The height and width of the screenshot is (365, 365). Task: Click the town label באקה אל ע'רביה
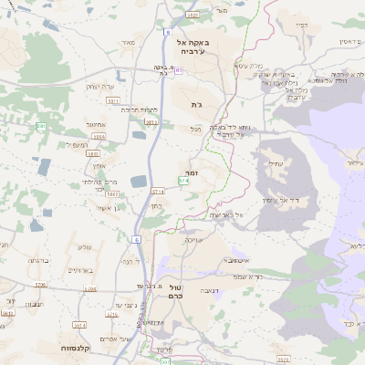[x=194, y=47]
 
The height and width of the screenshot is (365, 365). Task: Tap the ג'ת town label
[x=195, y=105]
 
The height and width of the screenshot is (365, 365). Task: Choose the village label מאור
[x=127, y=42]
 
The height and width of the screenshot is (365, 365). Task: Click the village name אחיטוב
[x=96, y=126]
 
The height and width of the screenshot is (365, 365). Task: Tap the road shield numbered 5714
[x=158, y=192]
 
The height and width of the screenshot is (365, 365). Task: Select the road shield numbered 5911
[x=151, y=120]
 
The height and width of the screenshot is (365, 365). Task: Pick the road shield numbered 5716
[x=89, y=288]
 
